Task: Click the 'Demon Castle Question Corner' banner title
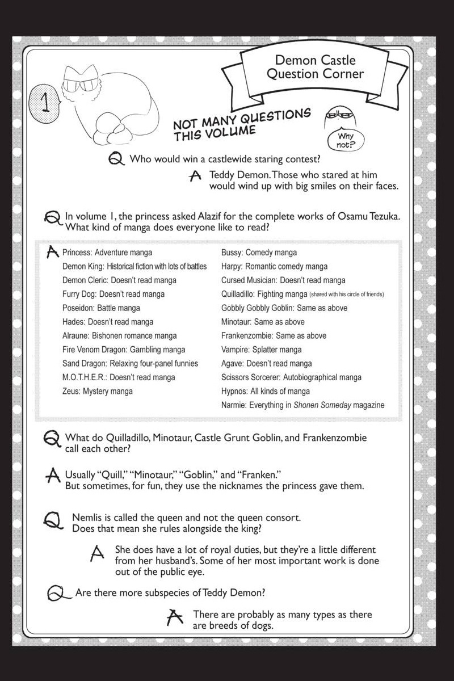pos(319,67)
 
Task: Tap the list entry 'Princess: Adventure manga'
pos(107,253)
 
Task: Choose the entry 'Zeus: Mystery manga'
pos(98,391)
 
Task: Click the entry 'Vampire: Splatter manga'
pos(261,350)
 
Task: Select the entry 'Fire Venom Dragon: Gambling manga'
pos(124,350)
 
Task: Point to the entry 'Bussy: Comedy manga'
pos(259,253)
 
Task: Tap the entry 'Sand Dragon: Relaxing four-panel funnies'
pos(131,363)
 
